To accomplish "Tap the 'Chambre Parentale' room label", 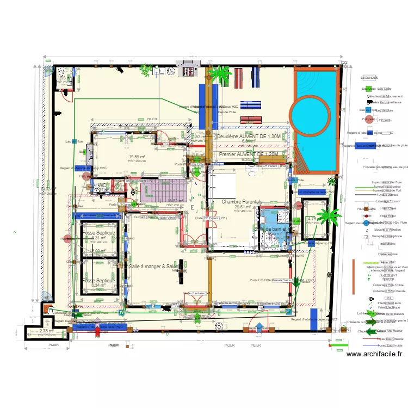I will pos(242,202).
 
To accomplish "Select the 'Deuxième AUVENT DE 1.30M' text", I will pos(249,137).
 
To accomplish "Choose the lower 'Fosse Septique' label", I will pos(98,280).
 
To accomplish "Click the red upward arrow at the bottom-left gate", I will pos(97,328).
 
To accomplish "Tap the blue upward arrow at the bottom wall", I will pos(259,328).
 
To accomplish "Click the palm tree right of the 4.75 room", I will pos(328,217).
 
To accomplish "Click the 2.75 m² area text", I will pos(46,330).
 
